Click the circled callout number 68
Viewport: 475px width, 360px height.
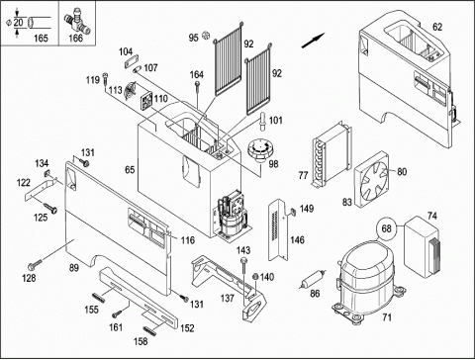386,228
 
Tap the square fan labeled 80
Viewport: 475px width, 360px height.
372,179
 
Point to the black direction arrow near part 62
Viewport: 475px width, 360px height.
313,41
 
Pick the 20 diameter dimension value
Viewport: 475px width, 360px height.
19,23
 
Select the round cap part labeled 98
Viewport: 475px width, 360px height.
260,150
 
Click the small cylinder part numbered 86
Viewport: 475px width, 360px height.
313,279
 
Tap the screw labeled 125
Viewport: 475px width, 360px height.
49,208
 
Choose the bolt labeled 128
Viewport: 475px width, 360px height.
35,264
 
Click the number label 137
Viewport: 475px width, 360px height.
228,298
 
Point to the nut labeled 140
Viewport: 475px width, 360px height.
254,277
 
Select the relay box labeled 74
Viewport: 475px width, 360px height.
422,246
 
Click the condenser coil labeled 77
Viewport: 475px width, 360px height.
332,154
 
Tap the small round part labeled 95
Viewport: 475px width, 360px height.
206,35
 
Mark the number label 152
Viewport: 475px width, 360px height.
187,328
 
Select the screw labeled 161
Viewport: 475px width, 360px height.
117,314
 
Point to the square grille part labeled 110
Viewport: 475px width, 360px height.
146,100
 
